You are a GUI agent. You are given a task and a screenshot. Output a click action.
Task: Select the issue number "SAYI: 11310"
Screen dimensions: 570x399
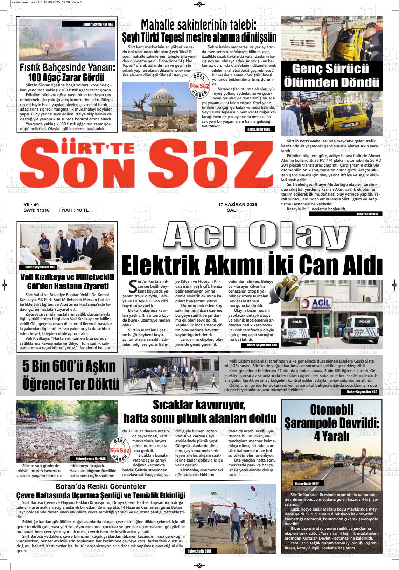click(x=36, y=210)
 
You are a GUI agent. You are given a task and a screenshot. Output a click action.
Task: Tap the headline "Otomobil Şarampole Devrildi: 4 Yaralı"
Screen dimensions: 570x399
click(x=331, y=423)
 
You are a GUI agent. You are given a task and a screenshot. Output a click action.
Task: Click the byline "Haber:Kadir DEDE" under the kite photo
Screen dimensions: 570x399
click(x=199, y=551)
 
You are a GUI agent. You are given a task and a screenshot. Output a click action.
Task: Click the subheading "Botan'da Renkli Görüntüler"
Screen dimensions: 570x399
click(x=101, y=486)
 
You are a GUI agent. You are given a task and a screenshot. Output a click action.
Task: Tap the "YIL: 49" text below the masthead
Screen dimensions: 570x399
click(x=31, y=205)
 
